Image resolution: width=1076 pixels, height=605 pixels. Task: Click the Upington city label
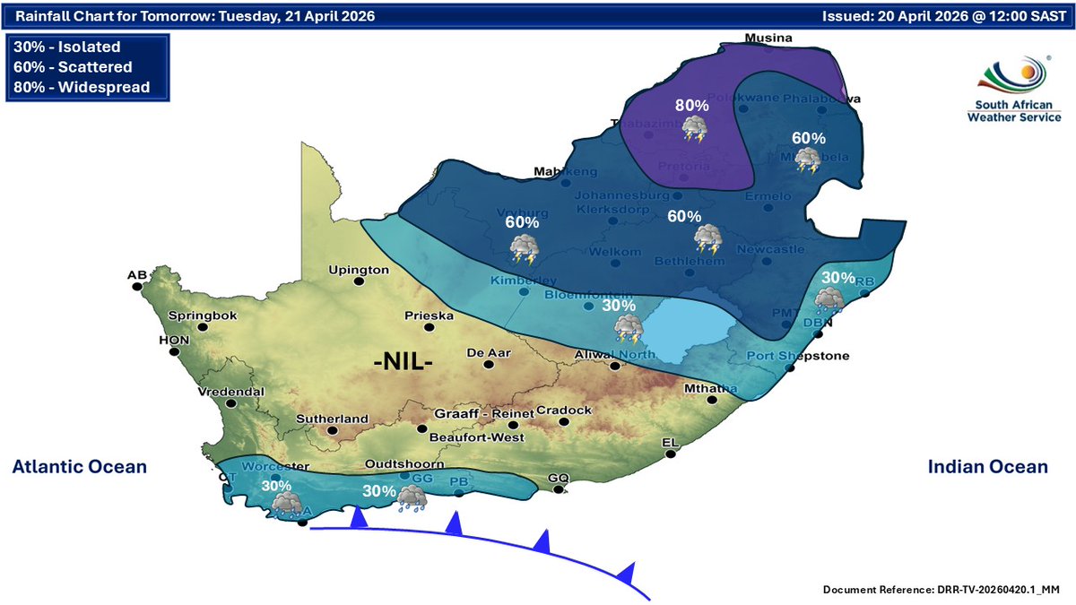pos(359,269)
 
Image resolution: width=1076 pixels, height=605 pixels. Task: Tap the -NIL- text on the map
pos(403,363)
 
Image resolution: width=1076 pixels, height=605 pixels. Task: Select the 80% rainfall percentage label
pos(691,106)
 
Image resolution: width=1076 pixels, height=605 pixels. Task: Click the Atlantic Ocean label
pos(79,467)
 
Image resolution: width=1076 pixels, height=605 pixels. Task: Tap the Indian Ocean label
pos(987,467)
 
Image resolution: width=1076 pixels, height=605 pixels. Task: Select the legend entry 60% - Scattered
pos(74,67)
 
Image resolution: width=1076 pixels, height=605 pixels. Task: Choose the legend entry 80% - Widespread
pos(82,87)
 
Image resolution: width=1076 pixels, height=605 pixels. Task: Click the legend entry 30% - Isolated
pos(67,48)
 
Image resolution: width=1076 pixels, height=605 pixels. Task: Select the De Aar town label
pos(489,353)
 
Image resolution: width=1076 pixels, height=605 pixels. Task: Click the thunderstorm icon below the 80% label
pos(694,130)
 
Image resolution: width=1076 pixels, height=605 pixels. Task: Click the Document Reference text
pos(941,589)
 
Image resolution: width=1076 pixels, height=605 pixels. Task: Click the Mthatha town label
pos(710,389)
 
